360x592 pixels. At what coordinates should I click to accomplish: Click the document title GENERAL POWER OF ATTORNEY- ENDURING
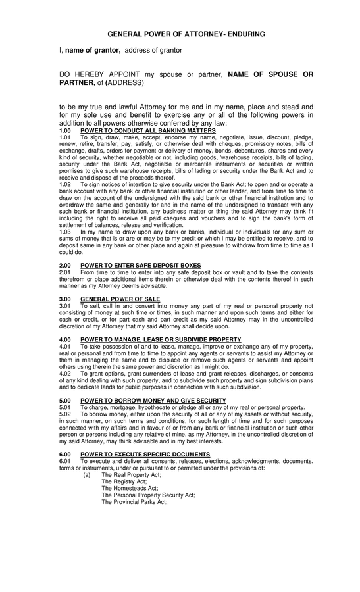186,32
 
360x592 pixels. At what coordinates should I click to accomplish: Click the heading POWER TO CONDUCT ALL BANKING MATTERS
148,131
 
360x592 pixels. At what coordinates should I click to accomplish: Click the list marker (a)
87,474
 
